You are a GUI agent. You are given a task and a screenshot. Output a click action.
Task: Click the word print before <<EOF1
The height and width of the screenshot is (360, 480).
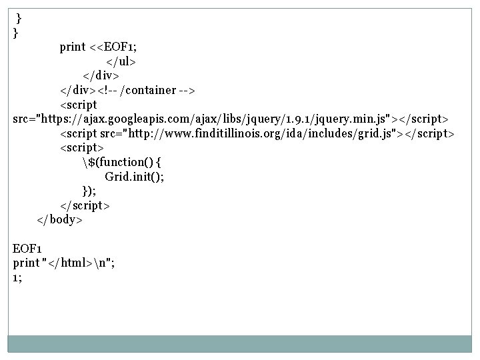point(73,47)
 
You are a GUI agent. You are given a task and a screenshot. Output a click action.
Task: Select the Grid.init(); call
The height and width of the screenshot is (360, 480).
point(134,177)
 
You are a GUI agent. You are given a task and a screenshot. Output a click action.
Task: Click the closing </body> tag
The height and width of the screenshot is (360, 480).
point(59,219)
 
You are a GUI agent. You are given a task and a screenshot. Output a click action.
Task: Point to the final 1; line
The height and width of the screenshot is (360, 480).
point(17,277)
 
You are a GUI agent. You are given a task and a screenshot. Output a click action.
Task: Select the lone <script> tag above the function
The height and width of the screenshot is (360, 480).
point(82,147)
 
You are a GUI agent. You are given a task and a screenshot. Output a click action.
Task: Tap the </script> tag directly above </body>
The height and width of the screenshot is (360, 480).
point(85,205)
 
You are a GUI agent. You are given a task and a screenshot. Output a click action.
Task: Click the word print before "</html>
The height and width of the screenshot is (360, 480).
point(25,263)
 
